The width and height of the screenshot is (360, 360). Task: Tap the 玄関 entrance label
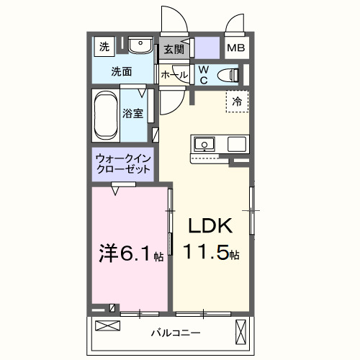click(173, 50)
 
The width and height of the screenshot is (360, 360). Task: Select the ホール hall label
click(174, 74)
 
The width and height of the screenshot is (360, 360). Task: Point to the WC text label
click(204, 73)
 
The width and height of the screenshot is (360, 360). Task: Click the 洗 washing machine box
click(104, 47)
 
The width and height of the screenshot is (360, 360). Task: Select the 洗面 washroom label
click(121, 71)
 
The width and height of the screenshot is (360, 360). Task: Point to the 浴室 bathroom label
click(132, 113)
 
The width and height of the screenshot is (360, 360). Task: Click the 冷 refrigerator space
click(236, 102)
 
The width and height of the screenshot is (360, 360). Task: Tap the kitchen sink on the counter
click(204, 144)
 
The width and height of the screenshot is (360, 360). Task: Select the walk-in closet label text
click(123, 163)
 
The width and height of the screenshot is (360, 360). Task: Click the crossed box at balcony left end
click(105, 326)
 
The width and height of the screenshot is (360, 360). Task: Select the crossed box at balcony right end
click(240, 333)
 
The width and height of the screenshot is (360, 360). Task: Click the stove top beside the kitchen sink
click(237, 144)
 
